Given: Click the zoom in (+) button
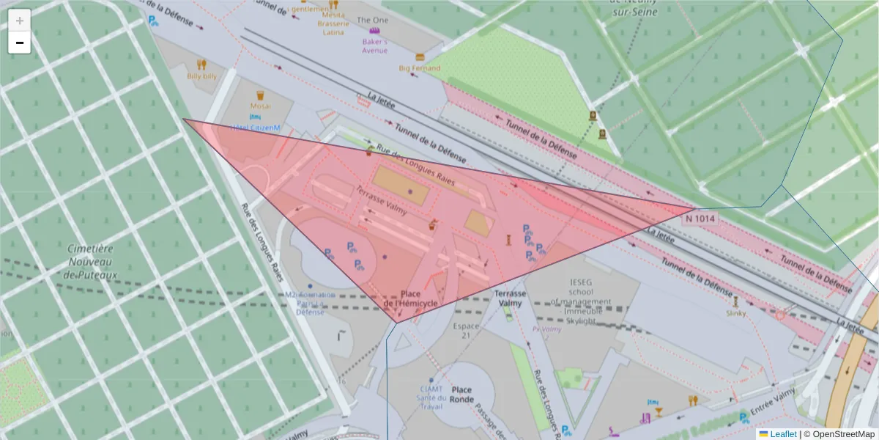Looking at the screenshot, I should pos(20,21).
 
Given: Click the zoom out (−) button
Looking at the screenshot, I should pos(20,43).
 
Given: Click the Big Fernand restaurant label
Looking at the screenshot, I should pos(420,68).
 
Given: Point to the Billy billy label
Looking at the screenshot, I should pos(201,76).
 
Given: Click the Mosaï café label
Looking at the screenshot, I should pos(259,106).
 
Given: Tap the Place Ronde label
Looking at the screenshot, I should pos(461,394).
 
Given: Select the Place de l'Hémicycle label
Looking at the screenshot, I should pos(411,298).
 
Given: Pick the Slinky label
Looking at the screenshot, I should pos(736,313).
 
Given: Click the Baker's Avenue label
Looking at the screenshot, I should pos(374,46).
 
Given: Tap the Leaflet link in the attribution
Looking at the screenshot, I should pos(782,434).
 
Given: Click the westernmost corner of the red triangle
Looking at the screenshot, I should pos(184,120).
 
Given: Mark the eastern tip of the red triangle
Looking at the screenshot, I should pos(697,209).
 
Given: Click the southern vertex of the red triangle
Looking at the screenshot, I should pos(396,322).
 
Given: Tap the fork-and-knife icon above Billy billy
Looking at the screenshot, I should pos(201,65).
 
